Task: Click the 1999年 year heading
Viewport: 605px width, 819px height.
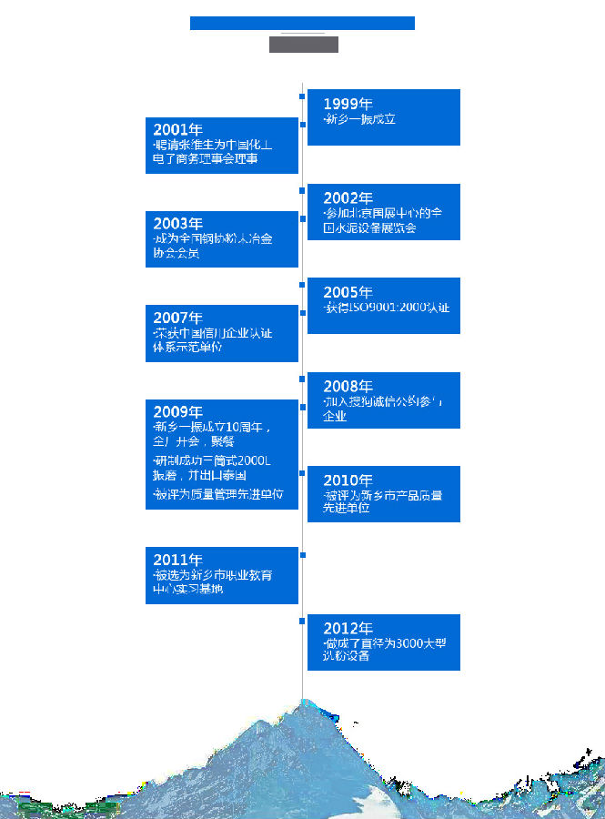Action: coord(348,105)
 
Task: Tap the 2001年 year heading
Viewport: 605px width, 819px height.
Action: coord(177,130)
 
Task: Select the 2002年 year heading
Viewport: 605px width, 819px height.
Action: coord(348,198)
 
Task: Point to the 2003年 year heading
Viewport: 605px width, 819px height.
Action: coord(177,224)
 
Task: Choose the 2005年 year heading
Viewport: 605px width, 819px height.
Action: coord(348,293)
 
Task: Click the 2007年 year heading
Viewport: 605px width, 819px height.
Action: coord(177,318)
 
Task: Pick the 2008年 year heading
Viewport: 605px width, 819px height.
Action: coord(348,387)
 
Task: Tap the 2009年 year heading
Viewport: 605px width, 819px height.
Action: coord(177,412)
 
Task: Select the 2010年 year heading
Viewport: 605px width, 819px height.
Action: coord(348,480)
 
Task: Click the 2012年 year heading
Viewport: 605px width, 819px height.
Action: coord(348,629)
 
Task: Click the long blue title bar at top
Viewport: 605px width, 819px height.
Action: coord(302,23)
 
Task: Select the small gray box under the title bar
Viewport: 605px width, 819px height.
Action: coord(303,45)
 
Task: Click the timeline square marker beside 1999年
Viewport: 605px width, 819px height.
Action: coord(302,96)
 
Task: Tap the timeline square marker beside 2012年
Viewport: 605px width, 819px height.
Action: coord(302,621)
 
